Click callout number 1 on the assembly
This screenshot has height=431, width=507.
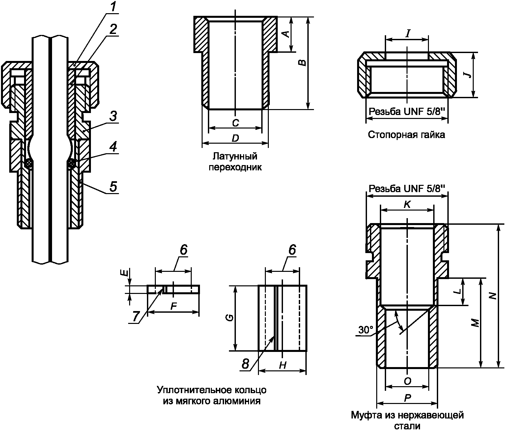(113, 8)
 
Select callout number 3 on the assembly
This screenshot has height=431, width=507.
(113, 116)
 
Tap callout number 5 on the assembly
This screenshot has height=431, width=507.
(113, 187)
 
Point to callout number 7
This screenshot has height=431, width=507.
(136, 316)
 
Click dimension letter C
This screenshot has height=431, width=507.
(236, 123)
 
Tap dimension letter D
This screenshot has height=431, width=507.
(235, 138)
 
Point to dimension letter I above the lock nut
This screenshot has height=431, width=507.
(408, 34)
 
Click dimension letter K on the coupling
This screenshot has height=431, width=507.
(407, 204)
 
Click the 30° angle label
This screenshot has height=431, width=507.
(366, 330)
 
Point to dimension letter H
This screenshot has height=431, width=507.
(283, 365)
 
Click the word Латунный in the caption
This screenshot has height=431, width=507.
(235, 156)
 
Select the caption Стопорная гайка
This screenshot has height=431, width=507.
(407, 135)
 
